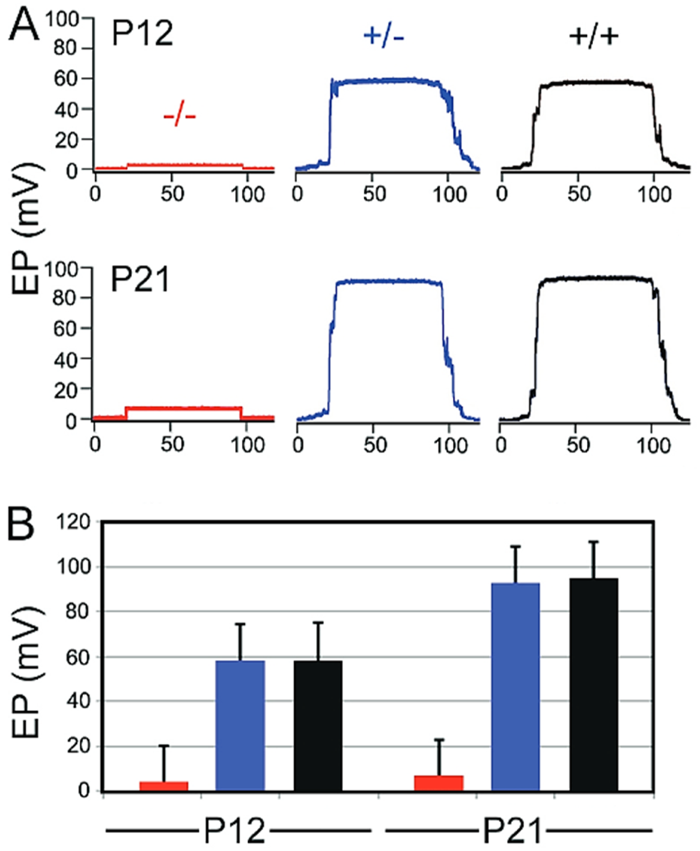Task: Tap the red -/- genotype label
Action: click(179, 118)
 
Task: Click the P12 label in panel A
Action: click(142, 34)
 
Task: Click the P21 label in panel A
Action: click(142, 282)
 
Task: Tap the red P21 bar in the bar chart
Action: click(439, 783)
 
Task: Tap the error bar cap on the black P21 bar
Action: click(593, 542)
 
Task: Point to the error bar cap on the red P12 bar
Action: click(163, 745)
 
